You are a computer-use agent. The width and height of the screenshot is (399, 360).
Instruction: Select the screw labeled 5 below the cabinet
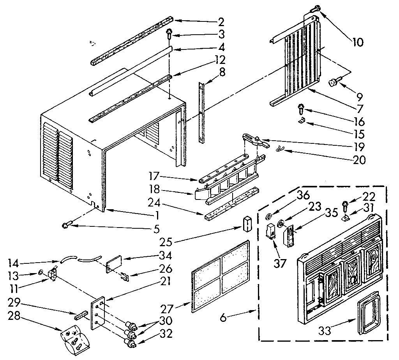click(67, 225)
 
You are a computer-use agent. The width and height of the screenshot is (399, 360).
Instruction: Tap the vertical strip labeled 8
click(202, 113)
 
